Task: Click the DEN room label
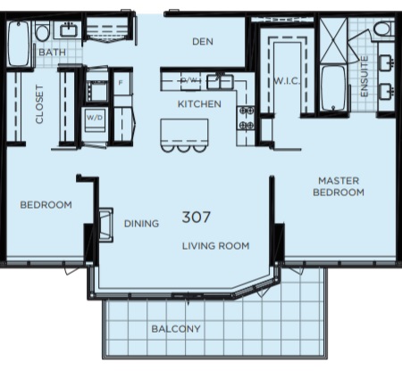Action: (x=203, y=42)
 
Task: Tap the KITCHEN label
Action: (x=199, y=104)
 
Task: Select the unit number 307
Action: (x=196, y=218)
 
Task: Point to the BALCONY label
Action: (x=176, y=329)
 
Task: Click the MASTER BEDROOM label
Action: (x=339, y=186)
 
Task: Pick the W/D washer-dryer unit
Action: (x=95, y=119)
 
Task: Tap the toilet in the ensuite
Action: (x=383, y=29)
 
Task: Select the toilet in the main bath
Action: (x=42, y=31)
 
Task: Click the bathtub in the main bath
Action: (x=19, y=44)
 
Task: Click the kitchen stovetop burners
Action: (x=246, y=118)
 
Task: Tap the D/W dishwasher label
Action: (x=189, y=80)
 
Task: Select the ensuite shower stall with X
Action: (x=333, y=40)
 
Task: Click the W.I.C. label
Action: (x=287, y=81)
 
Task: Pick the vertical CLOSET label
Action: (x=39, y=104)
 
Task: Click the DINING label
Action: (x=141, y=224)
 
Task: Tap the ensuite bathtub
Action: (x=334, y=88)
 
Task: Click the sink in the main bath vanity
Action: (x=69, y=30)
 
